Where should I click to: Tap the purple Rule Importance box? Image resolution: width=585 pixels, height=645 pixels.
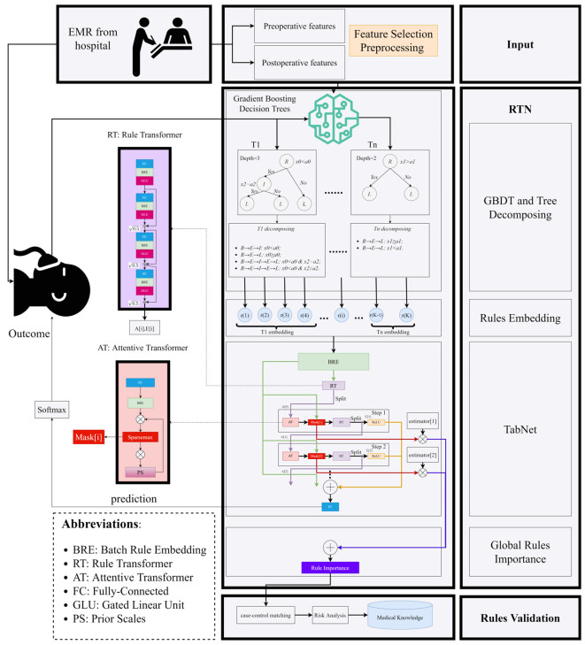coord(333,565)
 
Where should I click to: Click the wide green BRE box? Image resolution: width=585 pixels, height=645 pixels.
coord(333,362)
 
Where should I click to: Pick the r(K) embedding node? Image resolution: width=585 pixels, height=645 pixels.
coord(406,316)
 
